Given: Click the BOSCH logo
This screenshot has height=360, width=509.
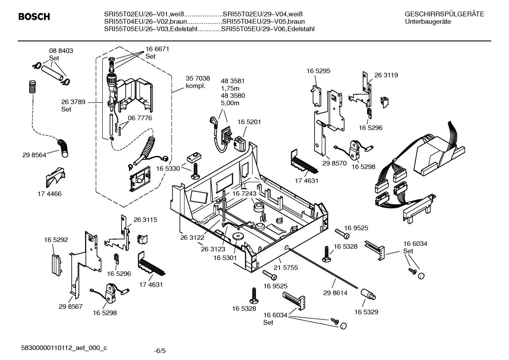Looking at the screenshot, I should (x=34, y=17).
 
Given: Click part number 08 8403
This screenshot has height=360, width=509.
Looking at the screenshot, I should (x=61, y=51).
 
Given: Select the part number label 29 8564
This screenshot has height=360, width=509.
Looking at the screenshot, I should (x=34, y=155).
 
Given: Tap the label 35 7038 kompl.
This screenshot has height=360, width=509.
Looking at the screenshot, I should (x=198, y=82).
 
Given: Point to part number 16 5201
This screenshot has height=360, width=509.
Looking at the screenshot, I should (x=249, y=122).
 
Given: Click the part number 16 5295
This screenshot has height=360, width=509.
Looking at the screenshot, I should (x=318, y=71).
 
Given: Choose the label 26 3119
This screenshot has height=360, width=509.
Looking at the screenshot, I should (x=386, y=75).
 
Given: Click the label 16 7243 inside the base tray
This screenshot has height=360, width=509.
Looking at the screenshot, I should (x=244, y=194).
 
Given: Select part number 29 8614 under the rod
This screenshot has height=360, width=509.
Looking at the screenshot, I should (x=335, y=293).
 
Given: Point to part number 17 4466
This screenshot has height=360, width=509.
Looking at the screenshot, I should (x=49, y=194).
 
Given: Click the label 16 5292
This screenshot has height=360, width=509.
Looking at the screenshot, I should (x=56, y=240).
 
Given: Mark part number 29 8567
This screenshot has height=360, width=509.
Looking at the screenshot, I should (x=71, y=306).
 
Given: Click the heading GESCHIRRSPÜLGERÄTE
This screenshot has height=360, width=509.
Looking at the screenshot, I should (x=444, y=14).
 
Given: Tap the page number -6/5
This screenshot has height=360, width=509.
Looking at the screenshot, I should (x=160, y=351).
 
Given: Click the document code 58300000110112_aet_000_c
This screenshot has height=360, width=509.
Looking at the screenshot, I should (x=64, y=348).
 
